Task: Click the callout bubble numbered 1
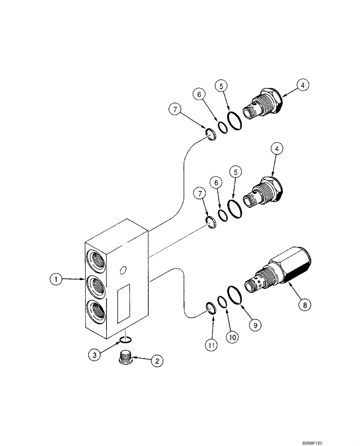coord(56,280)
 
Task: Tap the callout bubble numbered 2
coord(156,362)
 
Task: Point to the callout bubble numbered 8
coord(304,305)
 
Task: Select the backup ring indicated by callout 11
coord(212,308)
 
